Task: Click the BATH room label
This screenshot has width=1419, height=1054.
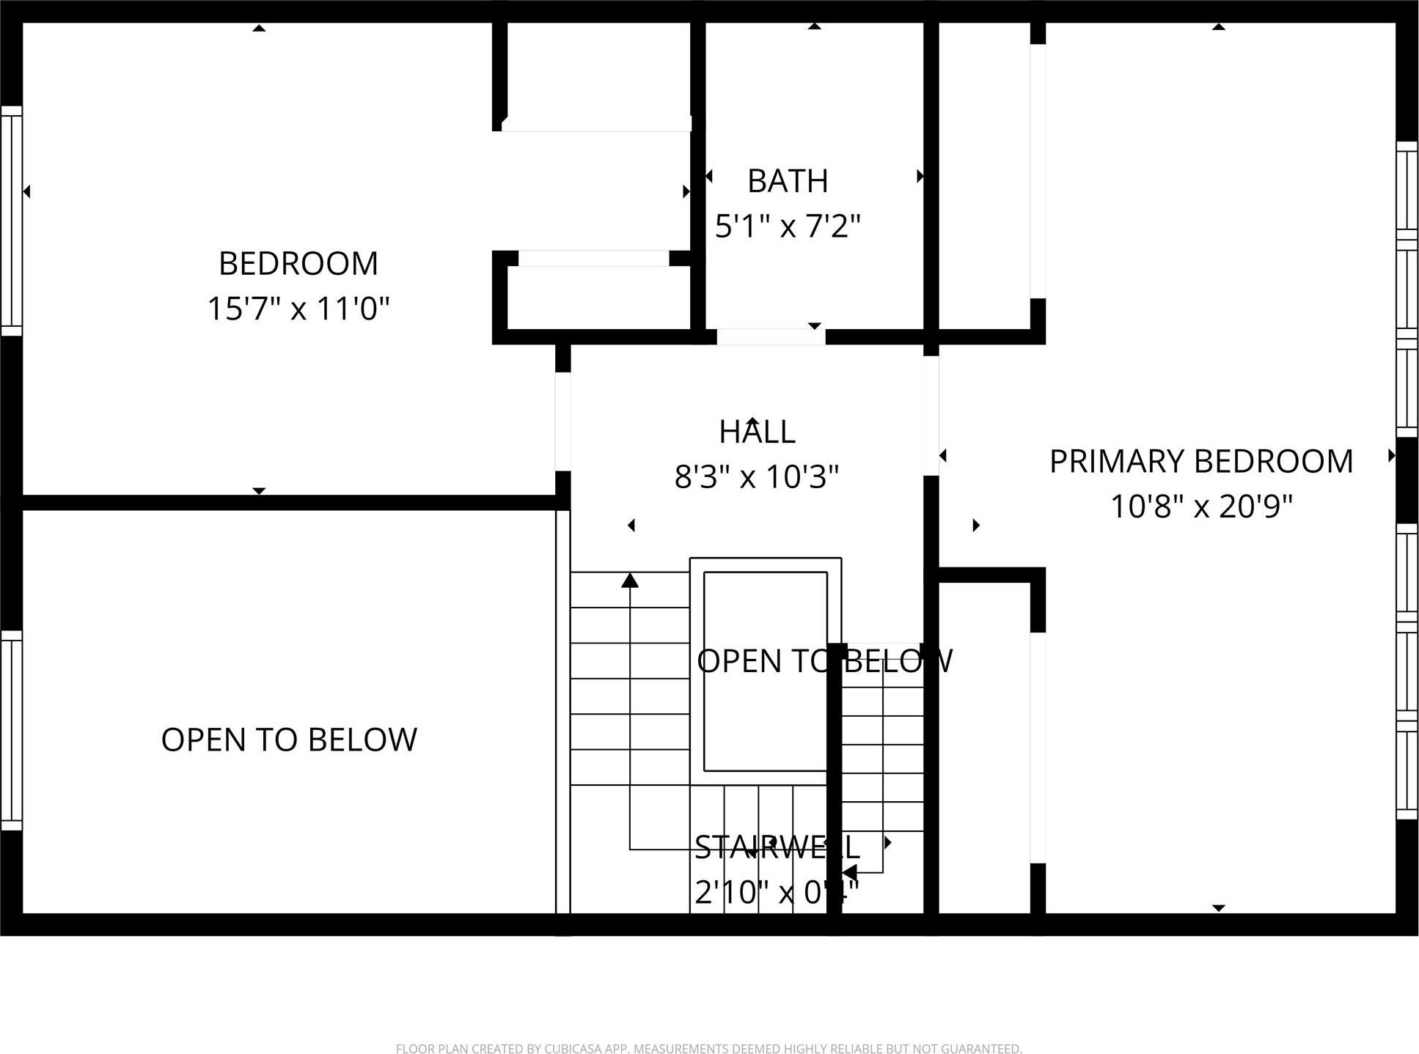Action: click(x=788, y=181)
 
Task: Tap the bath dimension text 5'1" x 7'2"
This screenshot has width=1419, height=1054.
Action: click(x=788, y=226)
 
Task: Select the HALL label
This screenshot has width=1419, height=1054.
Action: click(x=757, y=432)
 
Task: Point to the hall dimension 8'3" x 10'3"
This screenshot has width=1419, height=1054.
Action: click(x=756, y=477)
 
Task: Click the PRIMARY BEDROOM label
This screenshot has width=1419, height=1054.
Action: click(x=1200, y=462)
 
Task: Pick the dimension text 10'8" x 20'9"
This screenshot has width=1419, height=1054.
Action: click(x=1200, y=506)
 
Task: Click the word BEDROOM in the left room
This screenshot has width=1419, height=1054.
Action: click(x=298, y=264)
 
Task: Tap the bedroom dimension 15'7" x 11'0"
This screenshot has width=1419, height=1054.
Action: click(x=298, y=309)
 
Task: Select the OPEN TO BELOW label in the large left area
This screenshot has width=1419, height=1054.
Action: click(x=289, y=740)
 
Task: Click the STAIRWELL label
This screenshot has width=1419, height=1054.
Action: click(x=776, y=847)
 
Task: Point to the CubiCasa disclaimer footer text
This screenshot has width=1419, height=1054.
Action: click(x=708, y=1049)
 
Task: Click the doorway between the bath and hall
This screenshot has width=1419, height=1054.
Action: click(x=771, y=336)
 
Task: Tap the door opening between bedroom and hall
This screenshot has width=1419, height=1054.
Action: click(x=562, y=421)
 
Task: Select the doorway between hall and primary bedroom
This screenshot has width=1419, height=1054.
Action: click(x=931, y=416)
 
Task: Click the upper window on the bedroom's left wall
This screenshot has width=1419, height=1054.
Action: click(x=11, y=220)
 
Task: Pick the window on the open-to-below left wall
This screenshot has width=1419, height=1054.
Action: click(x=11, y=730)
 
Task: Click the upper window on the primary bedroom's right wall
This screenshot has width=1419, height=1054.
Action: click(x=1407, y=289)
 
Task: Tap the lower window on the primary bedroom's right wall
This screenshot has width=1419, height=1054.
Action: click(x=1407, y=671)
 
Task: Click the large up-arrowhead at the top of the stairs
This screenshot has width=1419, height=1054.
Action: click(x=630, y=581)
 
